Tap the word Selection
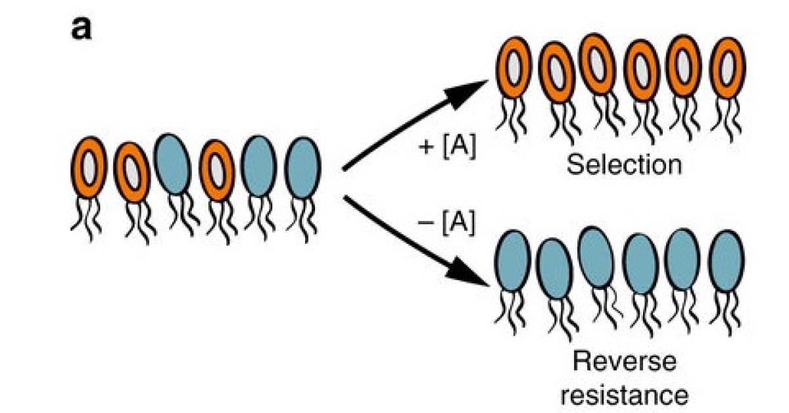pyautogui.click(x=624, y=164)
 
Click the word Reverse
pyautogui.click(x=625, y=362)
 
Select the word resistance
pyautogui.click(x=625, y=395)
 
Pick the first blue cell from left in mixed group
pyautogui.click(x=172, y=164)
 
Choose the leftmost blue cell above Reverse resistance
pyautogui.click(x=512, y=263)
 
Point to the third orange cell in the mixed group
pyautogui.click(x=216, y=170)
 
